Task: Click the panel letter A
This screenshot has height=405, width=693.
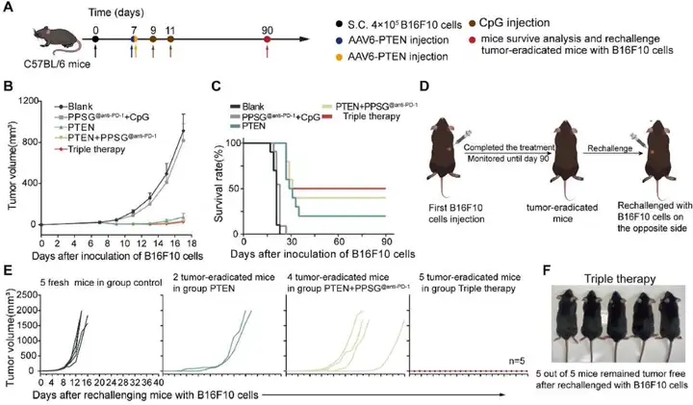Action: (10, 9)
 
